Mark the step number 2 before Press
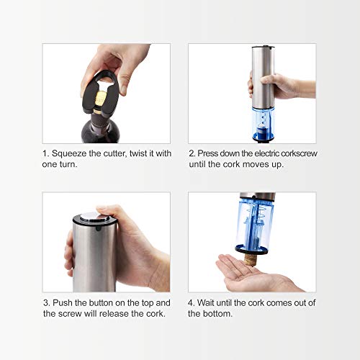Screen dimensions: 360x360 [x=192, y=153]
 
